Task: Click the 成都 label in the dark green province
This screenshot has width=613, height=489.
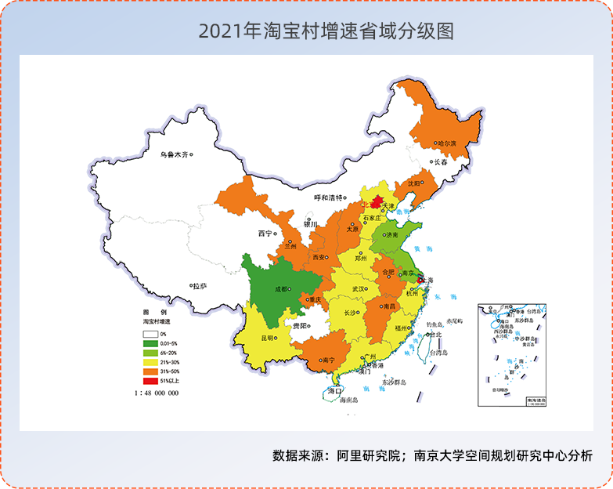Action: [279, 288]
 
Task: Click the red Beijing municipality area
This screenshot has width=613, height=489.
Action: [375, 202]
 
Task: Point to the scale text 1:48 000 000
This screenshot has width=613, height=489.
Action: [157, 393]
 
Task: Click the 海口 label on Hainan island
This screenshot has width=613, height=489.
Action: [335, 389]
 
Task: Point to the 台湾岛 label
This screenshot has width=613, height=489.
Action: [438, 353]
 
